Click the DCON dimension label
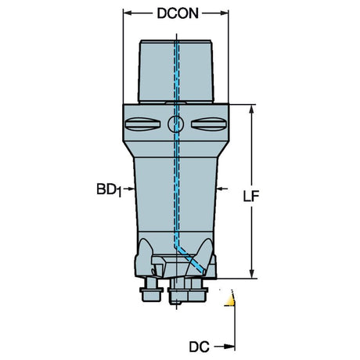coord(178,13)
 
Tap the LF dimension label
coord(251,196)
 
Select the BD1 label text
coord(109,189)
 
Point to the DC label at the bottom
coord(199,347)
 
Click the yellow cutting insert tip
coord(230,299)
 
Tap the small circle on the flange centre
coord(175,124)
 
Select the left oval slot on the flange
coord(142,124)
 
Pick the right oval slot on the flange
coord(209,124)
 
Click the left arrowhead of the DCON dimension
coord(127,13)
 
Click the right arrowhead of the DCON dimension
coord(225,13)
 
